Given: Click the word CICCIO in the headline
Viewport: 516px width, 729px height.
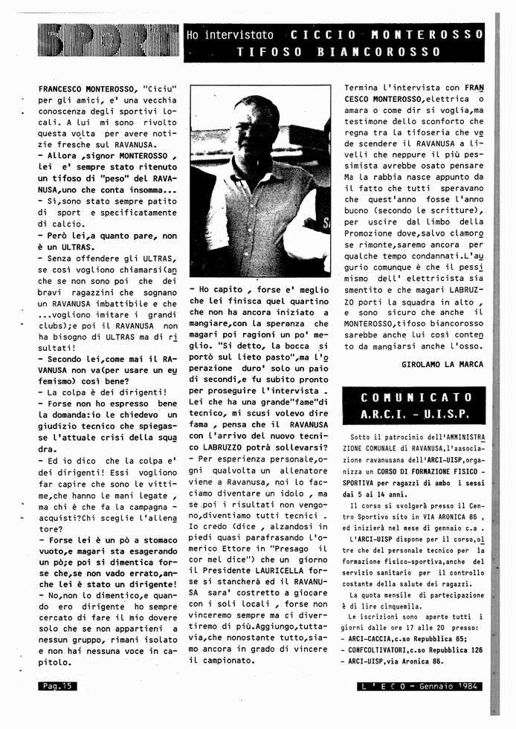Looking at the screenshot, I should pos(322,35).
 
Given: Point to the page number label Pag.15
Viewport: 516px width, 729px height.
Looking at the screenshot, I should pos(57,686).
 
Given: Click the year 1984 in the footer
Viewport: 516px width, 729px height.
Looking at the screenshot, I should pos(467,686).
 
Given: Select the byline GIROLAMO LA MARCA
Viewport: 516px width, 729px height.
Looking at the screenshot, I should pos(442,364).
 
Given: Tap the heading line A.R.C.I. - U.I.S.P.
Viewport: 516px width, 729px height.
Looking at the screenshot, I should pos(414,415).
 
